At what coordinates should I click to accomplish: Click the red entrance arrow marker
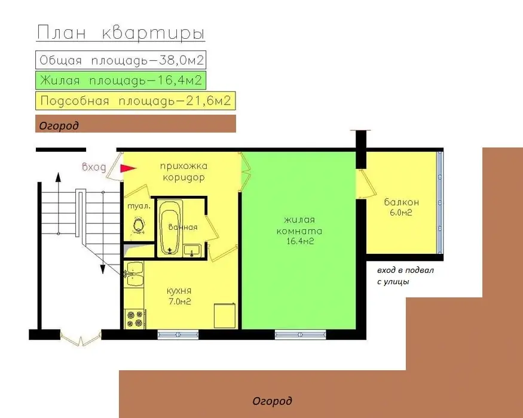128,168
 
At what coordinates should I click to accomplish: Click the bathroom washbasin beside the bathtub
192,250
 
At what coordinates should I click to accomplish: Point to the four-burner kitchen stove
134,319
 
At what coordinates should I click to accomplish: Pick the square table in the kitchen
225,315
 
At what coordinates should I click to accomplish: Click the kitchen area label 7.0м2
179,302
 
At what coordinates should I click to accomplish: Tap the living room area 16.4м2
300,241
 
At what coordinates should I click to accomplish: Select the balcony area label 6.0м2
401,213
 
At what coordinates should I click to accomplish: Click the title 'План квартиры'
120,33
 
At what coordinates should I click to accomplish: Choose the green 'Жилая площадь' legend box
121,81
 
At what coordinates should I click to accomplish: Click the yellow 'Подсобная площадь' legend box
136,101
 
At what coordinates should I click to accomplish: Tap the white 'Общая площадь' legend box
121,60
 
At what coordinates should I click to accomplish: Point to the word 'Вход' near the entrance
94,167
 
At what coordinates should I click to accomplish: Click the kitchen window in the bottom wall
178,334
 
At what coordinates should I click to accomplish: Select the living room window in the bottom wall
300,334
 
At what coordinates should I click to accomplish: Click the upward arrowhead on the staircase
59,177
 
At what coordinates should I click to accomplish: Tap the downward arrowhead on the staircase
103,269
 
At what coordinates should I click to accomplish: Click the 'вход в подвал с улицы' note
405,276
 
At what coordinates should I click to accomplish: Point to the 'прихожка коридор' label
183,171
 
